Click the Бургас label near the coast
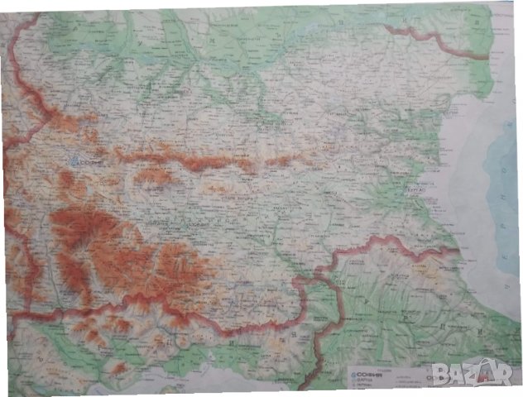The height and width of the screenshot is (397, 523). click(x=415, y=189)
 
